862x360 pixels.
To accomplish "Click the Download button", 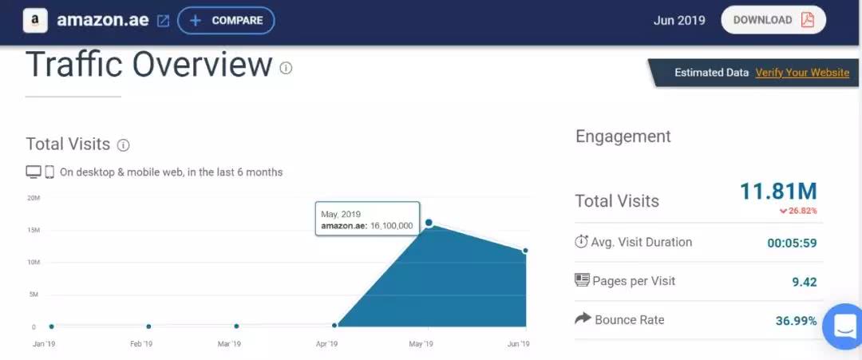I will pos(773,20).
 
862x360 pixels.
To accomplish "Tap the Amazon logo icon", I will pos(35,20).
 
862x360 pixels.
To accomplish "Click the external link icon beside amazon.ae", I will pos(163,21).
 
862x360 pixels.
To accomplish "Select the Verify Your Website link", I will pos(802,73).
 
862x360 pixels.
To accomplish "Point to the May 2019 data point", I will pos(429,223).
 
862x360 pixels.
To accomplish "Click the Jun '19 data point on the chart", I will pos(526,251).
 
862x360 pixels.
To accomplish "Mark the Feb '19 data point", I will pos(148,326).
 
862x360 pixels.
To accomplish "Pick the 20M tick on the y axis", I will pos(34,198).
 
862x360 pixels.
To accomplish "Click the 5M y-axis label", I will pos(34,295).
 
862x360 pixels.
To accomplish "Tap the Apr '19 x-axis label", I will pos(326,344).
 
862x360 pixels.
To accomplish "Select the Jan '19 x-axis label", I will pos(43,344).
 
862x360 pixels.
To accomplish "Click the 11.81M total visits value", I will pos(778,192).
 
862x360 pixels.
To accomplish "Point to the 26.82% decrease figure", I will pos(798,211).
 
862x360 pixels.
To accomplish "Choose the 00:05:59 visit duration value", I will pos(792,243).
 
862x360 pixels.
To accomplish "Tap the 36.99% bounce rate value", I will pos(796,321).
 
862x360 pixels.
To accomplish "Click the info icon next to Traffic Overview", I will pos(286,68).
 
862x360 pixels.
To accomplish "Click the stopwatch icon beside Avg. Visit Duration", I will pos(581,241).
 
